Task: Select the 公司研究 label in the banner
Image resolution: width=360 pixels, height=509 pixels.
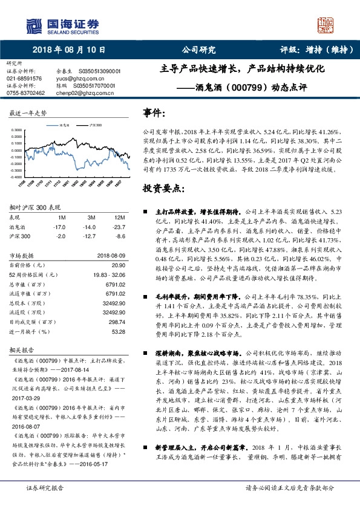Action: [x=199, y=50]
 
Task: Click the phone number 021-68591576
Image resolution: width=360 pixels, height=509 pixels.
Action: [x=24, y=79]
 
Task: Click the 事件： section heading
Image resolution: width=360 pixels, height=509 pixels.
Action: [x=154, y=112]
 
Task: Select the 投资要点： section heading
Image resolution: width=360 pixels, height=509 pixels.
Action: [x=163, y=189]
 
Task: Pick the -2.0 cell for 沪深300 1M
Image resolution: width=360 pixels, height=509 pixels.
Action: [x=60, y=236]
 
